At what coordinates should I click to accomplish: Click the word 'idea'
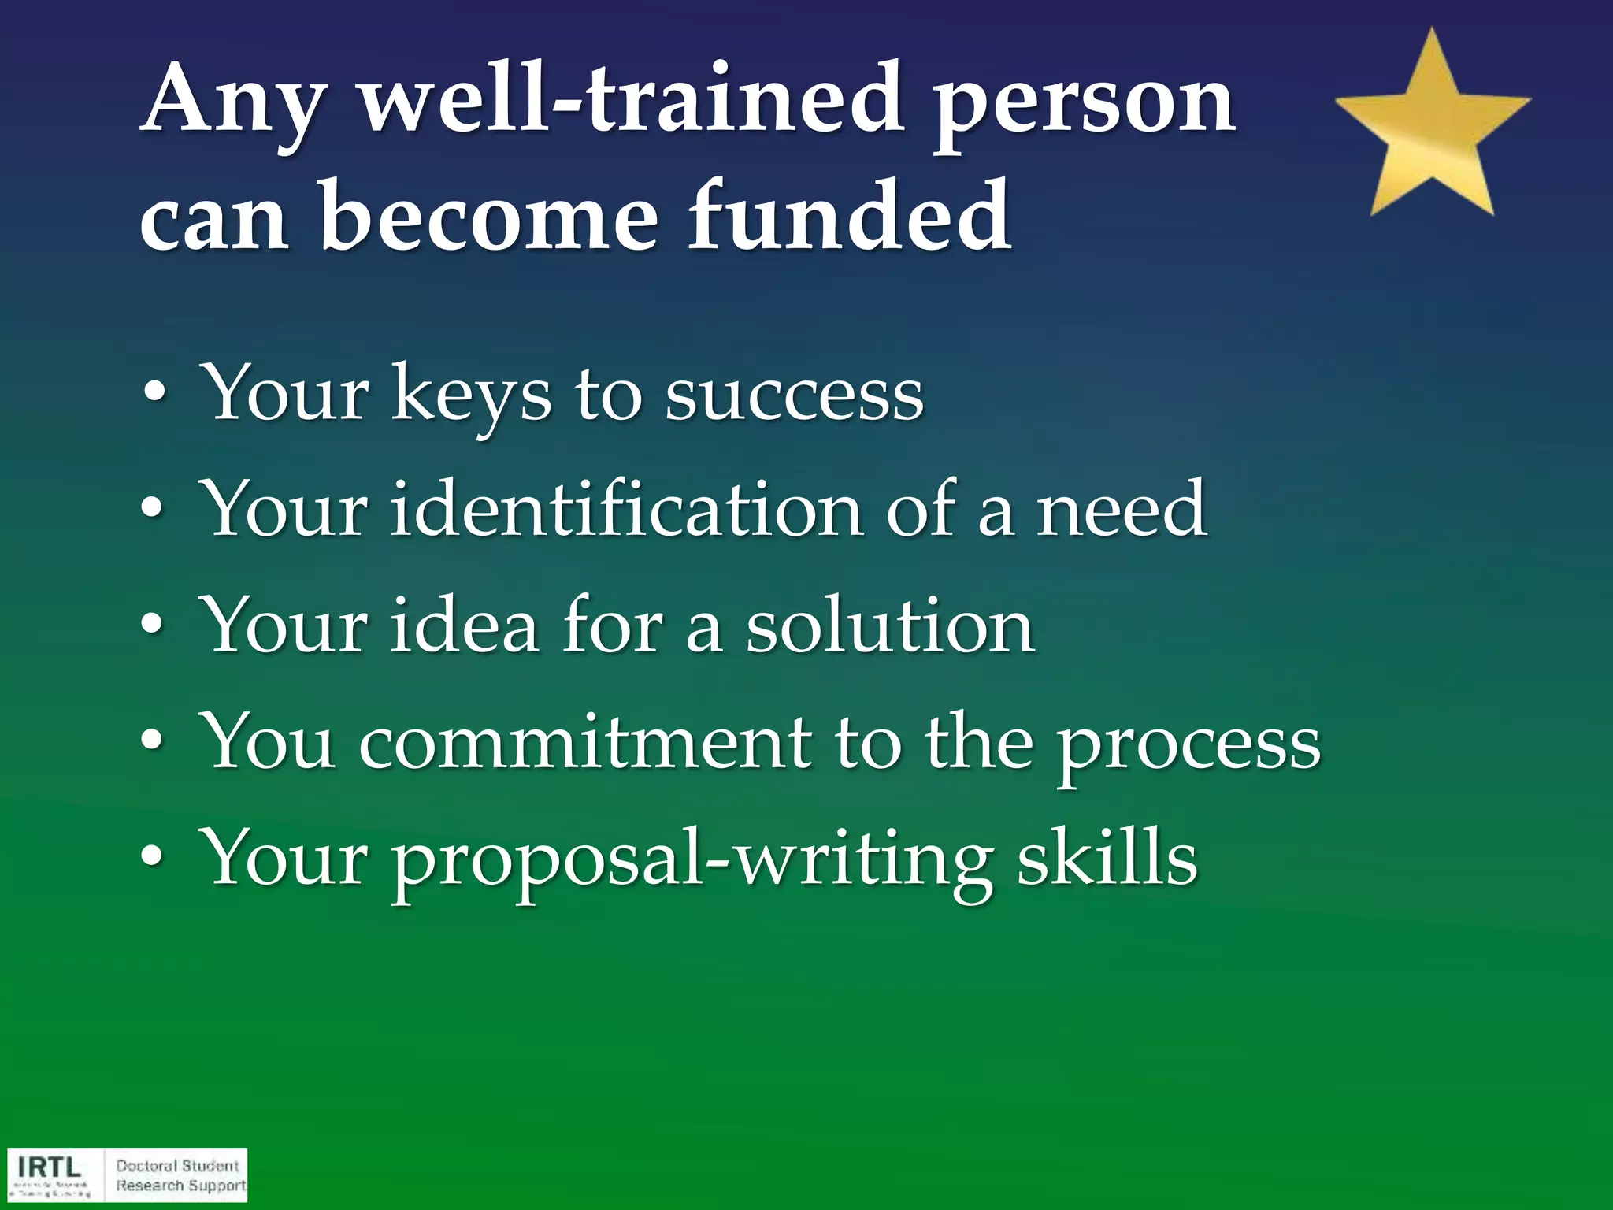(x=464, y=625)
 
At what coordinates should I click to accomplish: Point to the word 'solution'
(x=890, y=625)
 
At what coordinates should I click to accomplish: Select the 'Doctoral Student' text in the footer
(x=177, y=1166)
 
